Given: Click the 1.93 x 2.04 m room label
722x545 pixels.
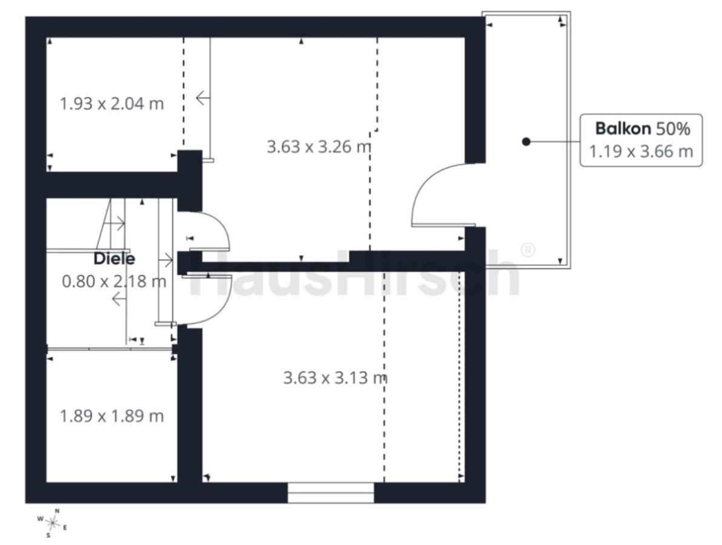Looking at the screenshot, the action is (x=112, y=104).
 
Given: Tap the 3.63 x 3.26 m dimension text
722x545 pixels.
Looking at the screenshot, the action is (x=319, y=147).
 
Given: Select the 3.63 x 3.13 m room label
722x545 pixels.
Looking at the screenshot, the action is (x=335, y=378).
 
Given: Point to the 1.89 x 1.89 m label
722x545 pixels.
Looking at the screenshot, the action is (x=112, y=416).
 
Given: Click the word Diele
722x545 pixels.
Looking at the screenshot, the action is (x=114, y=258).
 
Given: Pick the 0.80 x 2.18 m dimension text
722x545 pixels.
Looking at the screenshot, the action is (x=114, y=281).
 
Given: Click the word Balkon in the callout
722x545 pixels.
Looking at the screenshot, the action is (x=623, y=128).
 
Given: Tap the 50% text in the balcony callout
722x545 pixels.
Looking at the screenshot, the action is (x=673, y=129).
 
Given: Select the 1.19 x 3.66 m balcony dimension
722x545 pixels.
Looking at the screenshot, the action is (x=641, y=151).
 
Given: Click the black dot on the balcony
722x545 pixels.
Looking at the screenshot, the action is (x=526, y=141).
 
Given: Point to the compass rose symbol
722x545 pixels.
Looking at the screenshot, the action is (x=53, y=523).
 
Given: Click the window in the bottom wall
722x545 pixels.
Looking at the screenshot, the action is (x=331, y=492).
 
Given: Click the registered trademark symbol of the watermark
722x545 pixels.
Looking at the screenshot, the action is (x=528, y=250).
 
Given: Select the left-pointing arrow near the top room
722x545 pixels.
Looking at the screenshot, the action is (x=203, y=98).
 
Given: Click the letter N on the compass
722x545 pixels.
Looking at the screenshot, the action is (x=57, y=510).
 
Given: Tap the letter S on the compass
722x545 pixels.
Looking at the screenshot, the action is (x=48, y=535).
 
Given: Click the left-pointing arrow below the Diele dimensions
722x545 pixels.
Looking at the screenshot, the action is (x=119, y=300).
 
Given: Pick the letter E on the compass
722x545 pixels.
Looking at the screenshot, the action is (x=65, y=527).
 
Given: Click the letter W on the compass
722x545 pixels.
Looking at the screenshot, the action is (x=41, y=519).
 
